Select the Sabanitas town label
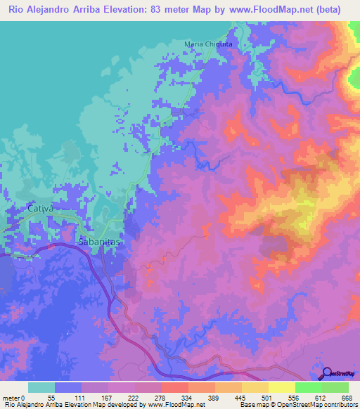99,240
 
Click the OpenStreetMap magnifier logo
326,372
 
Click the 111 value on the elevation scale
84,397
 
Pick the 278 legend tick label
165,397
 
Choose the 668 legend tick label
347,397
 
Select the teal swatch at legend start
41,387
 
